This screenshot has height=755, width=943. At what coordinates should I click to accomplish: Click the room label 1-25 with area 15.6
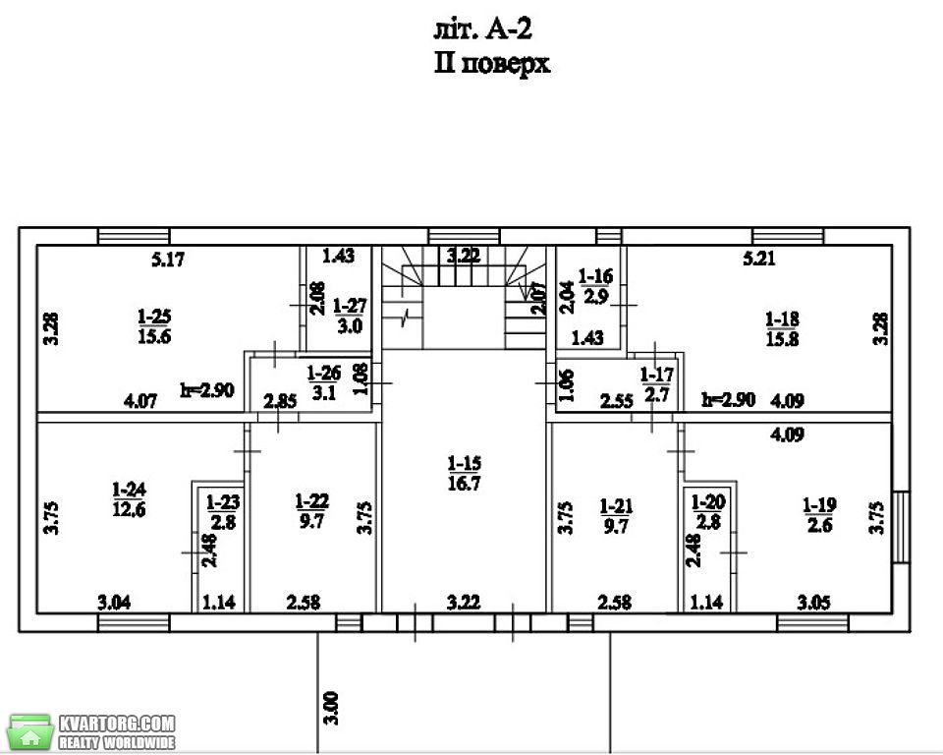[x=154, y=325]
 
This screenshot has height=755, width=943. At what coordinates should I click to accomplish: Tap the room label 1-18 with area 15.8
[x=782, y=328]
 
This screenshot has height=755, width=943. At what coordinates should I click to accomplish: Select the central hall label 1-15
[x=465, y=473]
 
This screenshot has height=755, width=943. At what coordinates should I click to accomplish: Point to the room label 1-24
[x=130, y=499]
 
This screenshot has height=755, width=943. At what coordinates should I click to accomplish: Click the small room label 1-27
[x=350, y=316]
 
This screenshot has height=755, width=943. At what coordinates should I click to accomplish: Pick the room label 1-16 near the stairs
[x=595, y=286]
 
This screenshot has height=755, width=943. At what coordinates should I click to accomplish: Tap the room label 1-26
[x=323, y=382]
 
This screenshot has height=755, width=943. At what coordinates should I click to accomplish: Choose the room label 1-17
[x=657, y=384]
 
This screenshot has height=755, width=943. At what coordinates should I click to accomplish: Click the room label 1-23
[x=223, y=512]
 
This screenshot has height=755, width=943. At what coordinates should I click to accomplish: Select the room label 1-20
[x=708, y=512]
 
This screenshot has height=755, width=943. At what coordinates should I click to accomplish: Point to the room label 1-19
[x=819, y=515]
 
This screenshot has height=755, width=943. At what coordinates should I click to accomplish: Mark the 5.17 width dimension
[x=168, y=260]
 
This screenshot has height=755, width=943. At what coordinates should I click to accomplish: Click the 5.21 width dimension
[x=759, y=259]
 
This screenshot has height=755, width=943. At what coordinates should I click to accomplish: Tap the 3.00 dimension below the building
[x=331, y=709]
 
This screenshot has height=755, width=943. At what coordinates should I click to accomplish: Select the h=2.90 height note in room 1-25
[x=207, y=389]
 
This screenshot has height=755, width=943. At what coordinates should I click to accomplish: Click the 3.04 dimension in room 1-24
[x=114, y=602]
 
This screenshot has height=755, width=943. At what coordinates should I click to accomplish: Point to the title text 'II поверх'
[x=492, y=63]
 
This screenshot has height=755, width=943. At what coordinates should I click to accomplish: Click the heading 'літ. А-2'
[x=483, y=29]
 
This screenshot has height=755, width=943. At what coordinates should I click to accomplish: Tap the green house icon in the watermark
[x=30, y=732]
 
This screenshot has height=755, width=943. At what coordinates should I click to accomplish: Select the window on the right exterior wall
[x=901, y=527]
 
